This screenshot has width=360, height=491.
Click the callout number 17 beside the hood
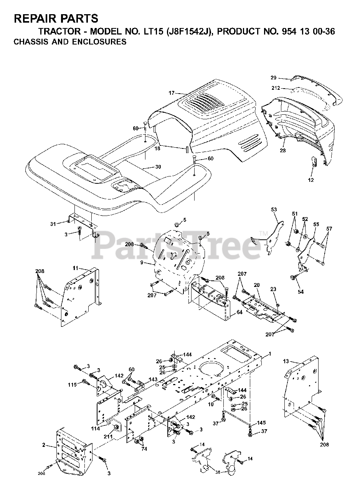coord(171,93)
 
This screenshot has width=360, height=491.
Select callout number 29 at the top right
coord(284,77)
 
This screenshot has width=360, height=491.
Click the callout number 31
coord(53,223)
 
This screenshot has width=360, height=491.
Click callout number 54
coord(301,292)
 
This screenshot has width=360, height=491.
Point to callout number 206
coord(41,473)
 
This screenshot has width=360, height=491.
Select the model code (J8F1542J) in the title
coord(184,32)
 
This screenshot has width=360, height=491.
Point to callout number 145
coord(261,423)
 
